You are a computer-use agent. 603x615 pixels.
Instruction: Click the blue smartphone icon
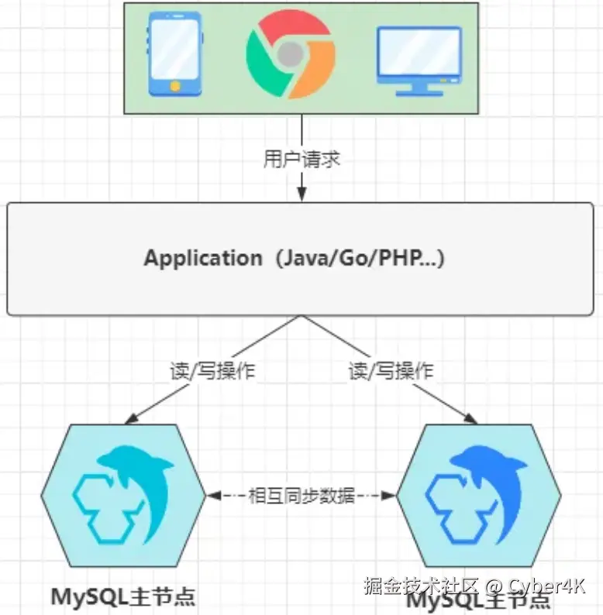[x=174, y=54]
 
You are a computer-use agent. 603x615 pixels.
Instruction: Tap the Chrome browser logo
[x=290, y=55]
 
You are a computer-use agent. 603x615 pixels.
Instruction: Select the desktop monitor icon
[x=419, y=61]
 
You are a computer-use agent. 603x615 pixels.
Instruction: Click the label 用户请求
[x=301, y=160]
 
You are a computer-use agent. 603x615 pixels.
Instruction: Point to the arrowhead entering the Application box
[x=301, y=194]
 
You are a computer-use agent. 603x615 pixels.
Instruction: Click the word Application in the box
[x=203, y=258]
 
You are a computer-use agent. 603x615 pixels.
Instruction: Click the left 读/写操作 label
[x=212, y=371]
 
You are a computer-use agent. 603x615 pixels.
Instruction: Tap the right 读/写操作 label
[x=391, y=371]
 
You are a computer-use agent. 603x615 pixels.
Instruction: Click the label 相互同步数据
[x=301, y=495]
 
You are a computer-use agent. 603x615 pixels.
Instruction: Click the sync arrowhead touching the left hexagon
[x=213, y=495]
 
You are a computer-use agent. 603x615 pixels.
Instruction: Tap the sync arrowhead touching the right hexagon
[x=389, y=495]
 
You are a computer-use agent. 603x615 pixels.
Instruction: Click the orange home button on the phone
[x=174, y=85]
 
